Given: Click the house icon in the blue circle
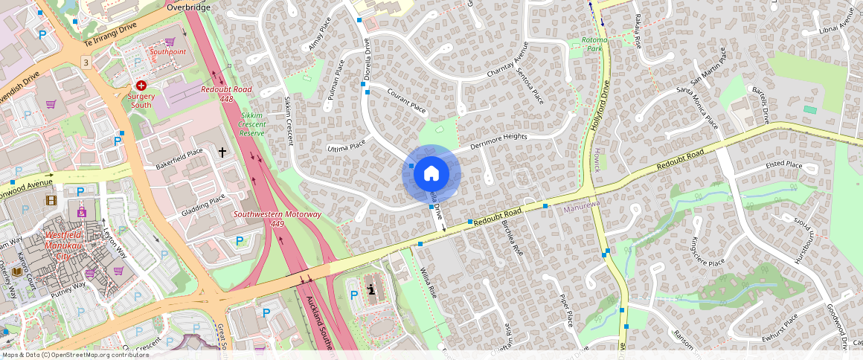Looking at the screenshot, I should coord(431,174).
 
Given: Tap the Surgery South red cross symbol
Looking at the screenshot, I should coord(140,86).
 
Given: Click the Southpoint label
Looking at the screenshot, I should coord(167,52).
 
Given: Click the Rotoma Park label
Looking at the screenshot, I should coord(594,43).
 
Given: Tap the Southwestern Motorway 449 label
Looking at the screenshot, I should coord(277,219).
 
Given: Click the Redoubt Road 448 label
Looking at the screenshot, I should coord(226,94).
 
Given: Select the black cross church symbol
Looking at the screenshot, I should coord(222,152).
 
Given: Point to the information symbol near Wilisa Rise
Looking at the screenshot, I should coord(371,289).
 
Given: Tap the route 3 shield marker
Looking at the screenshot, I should coord(86,62).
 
